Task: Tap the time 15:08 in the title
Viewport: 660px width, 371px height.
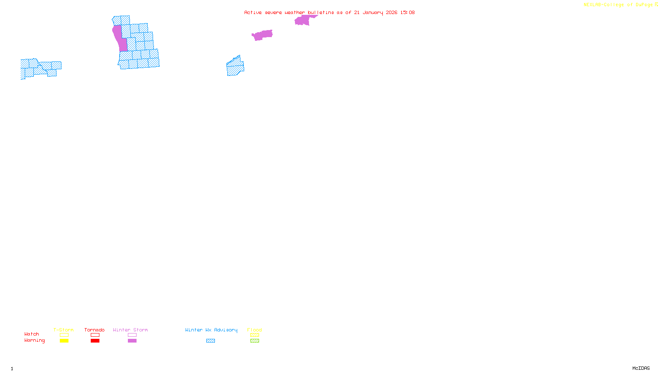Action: [x=408, y=12]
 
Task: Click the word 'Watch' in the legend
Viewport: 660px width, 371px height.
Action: [x=32, y=334]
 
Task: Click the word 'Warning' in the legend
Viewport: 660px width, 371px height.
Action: [x=34, y=340]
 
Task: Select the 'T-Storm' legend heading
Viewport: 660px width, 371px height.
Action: [x=64, y=330]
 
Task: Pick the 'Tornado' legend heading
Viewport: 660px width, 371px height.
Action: [x=94, y=330]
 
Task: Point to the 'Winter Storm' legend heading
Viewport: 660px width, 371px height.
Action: [x=130, y=330]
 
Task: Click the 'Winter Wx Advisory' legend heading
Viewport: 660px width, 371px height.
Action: [x=211, y=330]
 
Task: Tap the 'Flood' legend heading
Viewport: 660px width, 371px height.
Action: [x=255, y=330]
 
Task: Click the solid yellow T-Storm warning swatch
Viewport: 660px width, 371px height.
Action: [x=64, y=341]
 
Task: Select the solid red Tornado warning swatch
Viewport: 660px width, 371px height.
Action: [x=95, y=341]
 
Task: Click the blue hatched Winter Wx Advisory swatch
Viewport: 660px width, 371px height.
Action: [x=210, y=341]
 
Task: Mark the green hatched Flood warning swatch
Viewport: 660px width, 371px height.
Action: [x=255, y=341]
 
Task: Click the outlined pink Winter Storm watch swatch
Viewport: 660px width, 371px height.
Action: [x=132, y=335]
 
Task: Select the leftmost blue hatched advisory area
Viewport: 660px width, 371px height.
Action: [x=39, y=69]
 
